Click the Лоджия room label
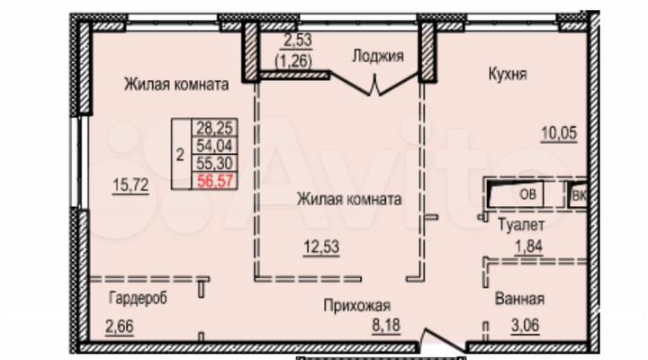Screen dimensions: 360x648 [377, 56]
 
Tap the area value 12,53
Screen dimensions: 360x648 [321, 244]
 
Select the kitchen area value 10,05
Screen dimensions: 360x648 [558, 132]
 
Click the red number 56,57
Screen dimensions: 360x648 [212, 180]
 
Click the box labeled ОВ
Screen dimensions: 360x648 [526, 192]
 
